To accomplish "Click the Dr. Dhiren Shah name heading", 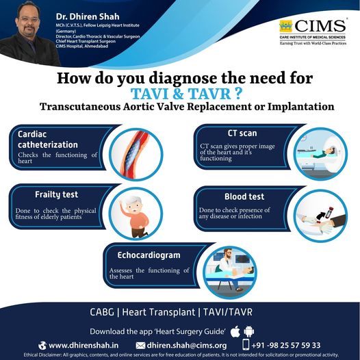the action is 88,16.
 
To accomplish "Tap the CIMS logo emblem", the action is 286,26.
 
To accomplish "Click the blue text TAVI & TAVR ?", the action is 186,94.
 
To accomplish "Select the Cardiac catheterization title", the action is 48,140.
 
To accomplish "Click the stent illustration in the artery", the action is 133,153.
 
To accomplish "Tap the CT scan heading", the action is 242,133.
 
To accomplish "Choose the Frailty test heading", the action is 57,194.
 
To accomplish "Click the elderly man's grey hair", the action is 133,201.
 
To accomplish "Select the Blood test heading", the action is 244,196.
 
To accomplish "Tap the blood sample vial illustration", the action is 329,212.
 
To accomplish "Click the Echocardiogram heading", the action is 149,255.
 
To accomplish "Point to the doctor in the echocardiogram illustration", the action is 226,261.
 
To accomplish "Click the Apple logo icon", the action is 235,331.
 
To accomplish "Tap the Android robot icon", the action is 249,331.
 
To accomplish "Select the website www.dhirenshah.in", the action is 83,346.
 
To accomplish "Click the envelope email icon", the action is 140,346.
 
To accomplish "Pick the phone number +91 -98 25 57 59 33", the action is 286,346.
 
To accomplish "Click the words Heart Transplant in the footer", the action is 158,312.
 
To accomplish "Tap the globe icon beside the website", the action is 42,346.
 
